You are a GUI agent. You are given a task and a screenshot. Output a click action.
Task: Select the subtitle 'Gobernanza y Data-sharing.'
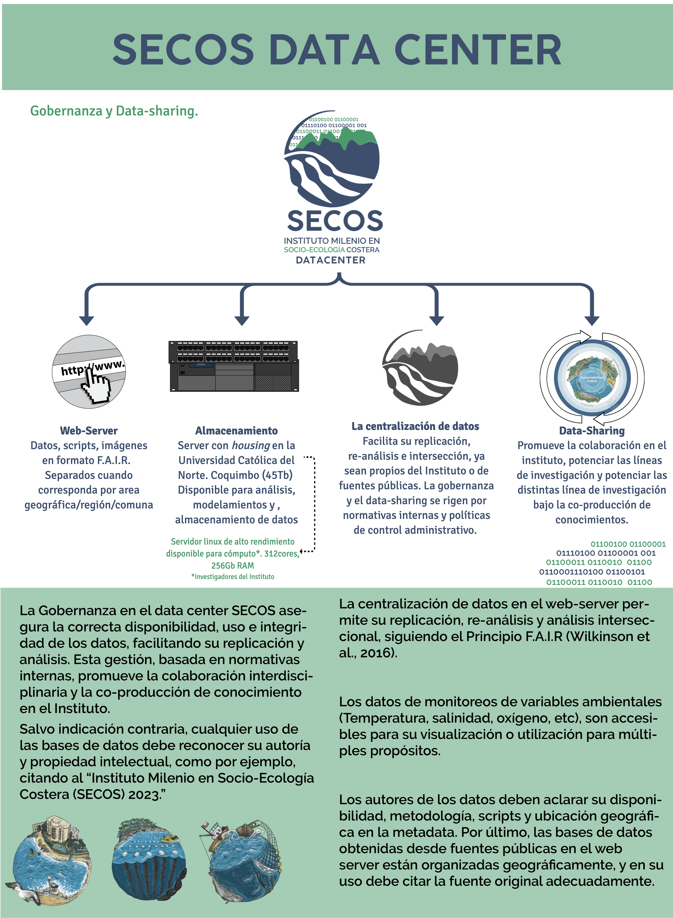[114, 111]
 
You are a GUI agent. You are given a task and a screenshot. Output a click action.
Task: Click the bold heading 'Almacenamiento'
[236, 431]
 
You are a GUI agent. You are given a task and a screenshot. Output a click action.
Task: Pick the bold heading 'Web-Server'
[89, 431]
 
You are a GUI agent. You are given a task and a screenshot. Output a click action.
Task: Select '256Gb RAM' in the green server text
[233, 566]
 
